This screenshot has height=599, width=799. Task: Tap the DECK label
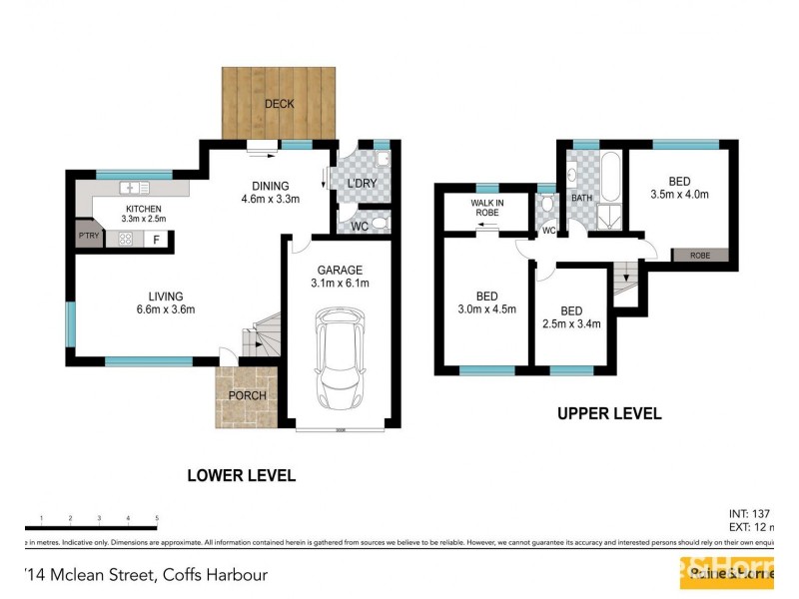(x=280, y=104)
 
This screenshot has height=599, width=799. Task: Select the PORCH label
(x=247, y=395)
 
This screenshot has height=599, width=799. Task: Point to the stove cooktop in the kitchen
(x=127, y=238)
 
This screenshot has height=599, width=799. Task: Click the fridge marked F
(x=157, y=240)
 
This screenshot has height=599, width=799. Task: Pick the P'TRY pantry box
(x=88, y=238)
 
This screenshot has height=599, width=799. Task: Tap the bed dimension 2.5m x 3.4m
(x=571, y=324)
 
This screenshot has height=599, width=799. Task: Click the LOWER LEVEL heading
(x=241, y=476)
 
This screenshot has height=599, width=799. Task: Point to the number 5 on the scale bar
(x=157, y=518)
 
